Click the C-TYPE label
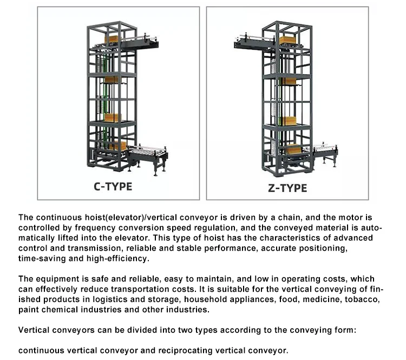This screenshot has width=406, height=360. point(113,187)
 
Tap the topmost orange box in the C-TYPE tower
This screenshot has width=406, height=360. point(112,39)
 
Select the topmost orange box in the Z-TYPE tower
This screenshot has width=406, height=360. point(287,40)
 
